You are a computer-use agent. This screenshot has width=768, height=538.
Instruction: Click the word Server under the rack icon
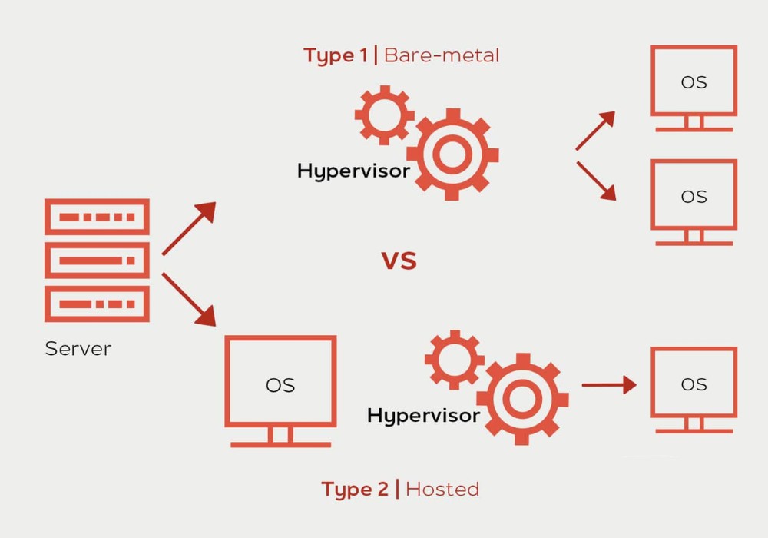(78, 349)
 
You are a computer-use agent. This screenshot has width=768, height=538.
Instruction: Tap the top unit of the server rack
(97, 217)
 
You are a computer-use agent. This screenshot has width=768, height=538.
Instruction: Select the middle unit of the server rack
(97, 261)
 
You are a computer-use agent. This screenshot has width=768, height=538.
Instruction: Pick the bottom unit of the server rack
(97, 304)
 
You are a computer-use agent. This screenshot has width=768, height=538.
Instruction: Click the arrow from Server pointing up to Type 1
(189, 228)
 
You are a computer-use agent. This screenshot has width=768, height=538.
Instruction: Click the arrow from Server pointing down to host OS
(189, 300)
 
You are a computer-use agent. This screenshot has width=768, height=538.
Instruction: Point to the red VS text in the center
(399, 261)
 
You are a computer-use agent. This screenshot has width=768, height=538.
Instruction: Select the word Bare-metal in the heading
(441, 55)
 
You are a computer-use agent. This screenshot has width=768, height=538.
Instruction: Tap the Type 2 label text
(355, 490)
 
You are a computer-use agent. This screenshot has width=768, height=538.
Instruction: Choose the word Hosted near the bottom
(442, 490)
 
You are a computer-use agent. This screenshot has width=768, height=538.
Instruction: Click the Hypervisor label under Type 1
(353, 171)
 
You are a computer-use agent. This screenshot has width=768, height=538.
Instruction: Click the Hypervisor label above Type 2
(423, 416)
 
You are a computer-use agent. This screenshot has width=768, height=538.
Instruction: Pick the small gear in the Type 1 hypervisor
(384, 115)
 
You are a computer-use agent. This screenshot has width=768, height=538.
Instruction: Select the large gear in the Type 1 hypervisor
(452, 154)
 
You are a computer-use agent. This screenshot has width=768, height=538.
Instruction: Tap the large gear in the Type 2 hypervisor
(522, 399)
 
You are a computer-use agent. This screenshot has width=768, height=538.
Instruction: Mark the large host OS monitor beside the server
(280, 384)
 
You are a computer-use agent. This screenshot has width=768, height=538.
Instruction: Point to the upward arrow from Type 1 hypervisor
(595, 130)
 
